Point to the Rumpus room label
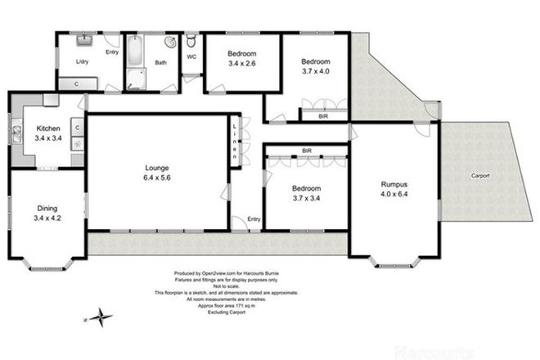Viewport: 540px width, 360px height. pyautogui.click(x=394, y=184)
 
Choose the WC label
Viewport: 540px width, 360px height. pyautogui.click(x=191, y=56)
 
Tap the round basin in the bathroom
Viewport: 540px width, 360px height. pyautogui.click(x=169, y=43)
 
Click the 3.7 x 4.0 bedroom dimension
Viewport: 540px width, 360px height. pyautogui.click(x=315, y=72)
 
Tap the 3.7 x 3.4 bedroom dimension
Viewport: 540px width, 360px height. pyautogui.click(x=307, y=197)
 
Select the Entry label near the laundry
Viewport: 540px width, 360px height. pyautogui.click(x=112, y=53)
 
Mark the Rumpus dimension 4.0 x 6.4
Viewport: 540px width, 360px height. pyautogui.click(x=394, y=195)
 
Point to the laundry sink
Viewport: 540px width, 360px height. pyautogui.click(x=84, y=39)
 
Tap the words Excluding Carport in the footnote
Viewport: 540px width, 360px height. pyautogui.click(x=236, y=311)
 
